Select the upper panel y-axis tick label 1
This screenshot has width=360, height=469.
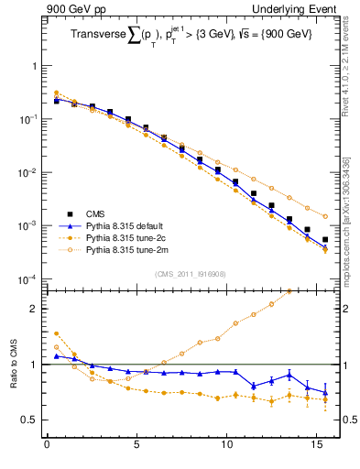point(33,67)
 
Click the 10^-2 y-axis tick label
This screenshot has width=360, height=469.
point(28,172)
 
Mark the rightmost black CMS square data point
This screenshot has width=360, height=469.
point(325,240)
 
